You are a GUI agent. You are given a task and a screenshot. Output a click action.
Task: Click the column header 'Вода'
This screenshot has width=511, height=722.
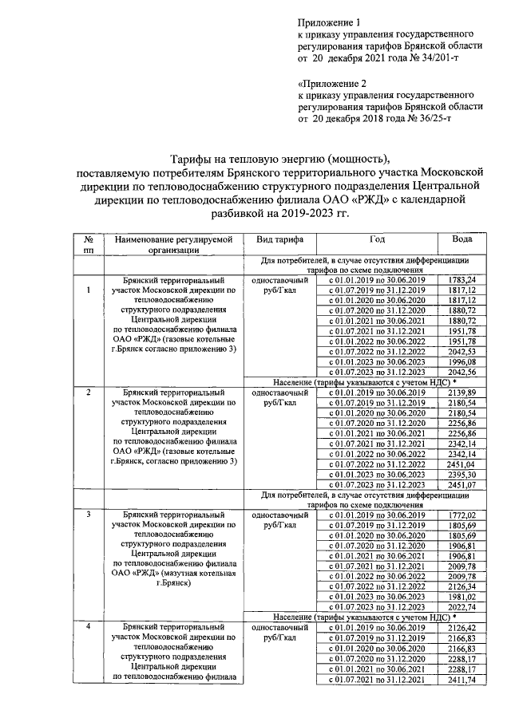click(462, 239)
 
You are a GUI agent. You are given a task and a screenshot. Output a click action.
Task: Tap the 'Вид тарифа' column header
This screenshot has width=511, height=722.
click(279, 239)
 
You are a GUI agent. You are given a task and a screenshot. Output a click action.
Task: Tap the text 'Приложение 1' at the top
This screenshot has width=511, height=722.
click(328, 24)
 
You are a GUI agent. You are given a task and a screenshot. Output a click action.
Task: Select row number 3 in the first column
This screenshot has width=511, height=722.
click(88, 516)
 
